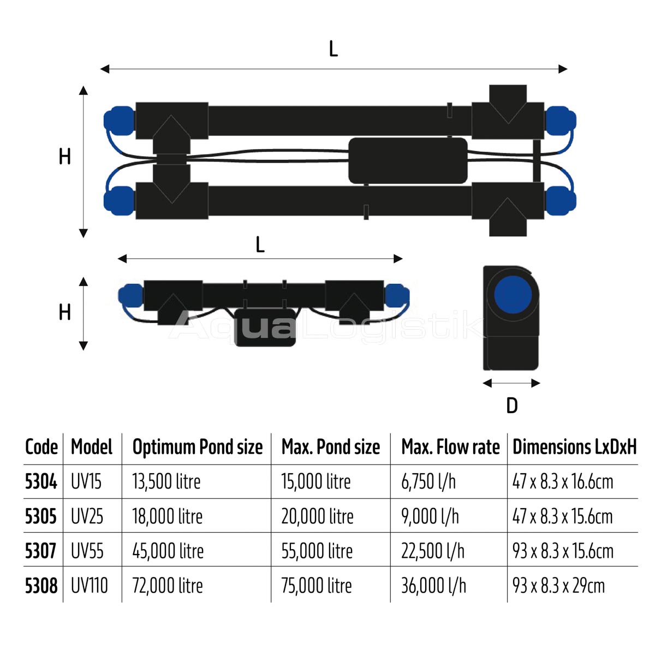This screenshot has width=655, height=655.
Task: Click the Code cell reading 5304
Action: click(41, 481)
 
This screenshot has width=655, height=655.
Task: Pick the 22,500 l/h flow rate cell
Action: click(433, 551)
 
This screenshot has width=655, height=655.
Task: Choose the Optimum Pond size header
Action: click(198, 448)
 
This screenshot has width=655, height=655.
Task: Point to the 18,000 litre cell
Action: click(168, 516)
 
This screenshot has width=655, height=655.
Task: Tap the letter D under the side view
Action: click(512, 406)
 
